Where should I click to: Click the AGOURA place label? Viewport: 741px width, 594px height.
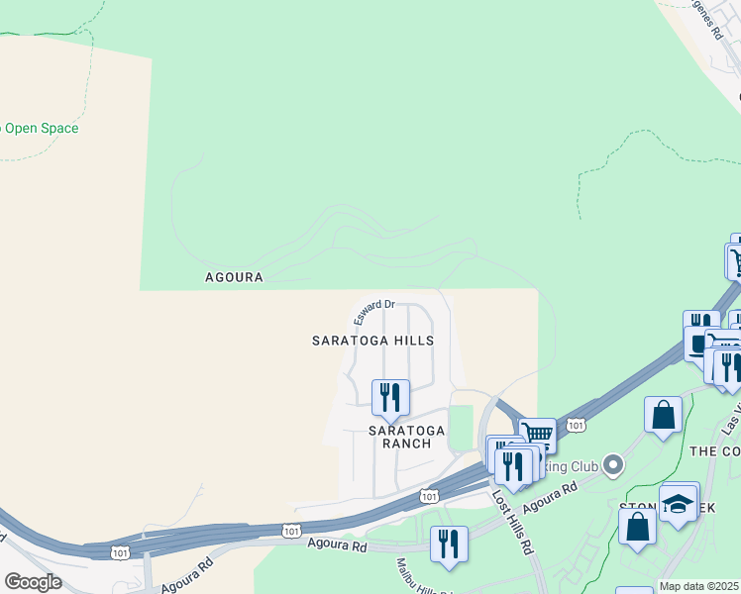tap(234, 277)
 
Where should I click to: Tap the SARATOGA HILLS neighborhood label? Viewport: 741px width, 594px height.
tap(372, 341)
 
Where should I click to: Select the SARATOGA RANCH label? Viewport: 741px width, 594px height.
tap(400, 437)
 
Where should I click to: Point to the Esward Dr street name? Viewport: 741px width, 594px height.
tap(374, 313)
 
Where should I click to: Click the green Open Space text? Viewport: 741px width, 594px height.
tap(40, 129)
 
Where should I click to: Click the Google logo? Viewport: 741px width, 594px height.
tap(33, 582)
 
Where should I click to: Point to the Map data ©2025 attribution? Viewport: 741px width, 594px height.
tap(698, 586)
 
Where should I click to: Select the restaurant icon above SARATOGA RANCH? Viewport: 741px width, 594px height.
tap(390, 397)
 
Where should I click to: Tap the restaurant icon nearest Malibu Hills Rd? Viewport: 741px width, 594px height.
tap(449, 544)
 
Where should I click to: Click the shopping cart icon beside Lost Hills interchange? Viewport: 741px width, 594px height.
tap(537, 435)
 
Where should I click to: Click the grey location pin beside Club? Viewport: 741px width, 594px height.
tap(613, 462)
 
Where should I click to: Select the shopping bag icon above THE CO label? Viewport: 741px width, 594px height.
tap(663, 415)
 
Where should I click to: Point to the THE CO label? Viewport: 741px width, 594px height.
tap(714, 450)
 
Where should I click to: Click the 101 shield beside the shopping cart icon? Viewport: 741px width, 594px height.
tap(575, 425)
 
